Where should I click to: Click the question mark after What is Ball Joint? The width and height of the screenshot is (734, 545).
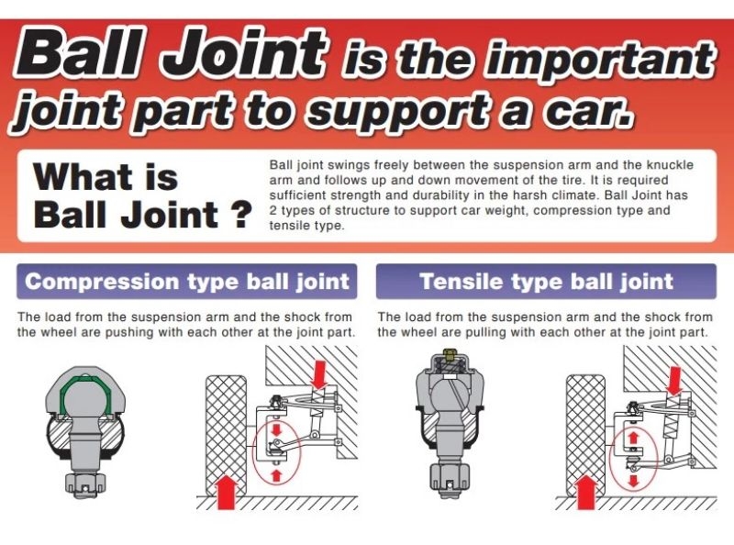click(x=242, y=215)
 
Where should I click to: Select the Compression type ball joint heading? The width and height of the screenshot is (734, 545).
click(x=187, y=282)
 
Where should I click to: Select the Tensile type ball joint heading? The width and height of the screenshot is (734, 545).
click(x=546, y=282)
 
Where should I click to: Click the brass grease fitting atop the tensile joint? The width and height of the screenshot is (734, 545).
click(x=449, y=354)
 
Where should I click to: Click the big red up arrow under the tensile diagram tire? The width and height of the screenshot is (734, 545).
click(x=586, y=492)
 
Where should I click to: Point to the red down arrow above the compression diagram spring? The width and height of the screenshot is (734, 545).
click(x=319, y=374)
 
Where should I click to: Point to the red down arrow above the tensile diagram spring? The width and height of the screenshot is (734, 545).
click(x=674, y=380)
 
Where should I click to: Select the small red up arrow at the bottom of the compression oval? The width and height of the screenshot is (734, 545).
click(x=276, y=474)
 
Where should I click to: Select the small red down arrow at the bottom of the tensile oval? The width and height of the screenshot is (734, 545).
click(x=634, y=481)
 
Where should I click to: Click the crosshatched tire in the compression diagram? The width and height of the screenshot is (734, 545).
click(x=227, y=435)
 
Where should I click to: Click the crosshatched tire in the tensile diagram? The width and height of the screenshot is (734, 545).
click(x=586, y=435)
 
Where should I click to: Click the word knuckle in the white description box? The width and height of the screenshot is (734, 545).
click(x=670, y=165)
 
